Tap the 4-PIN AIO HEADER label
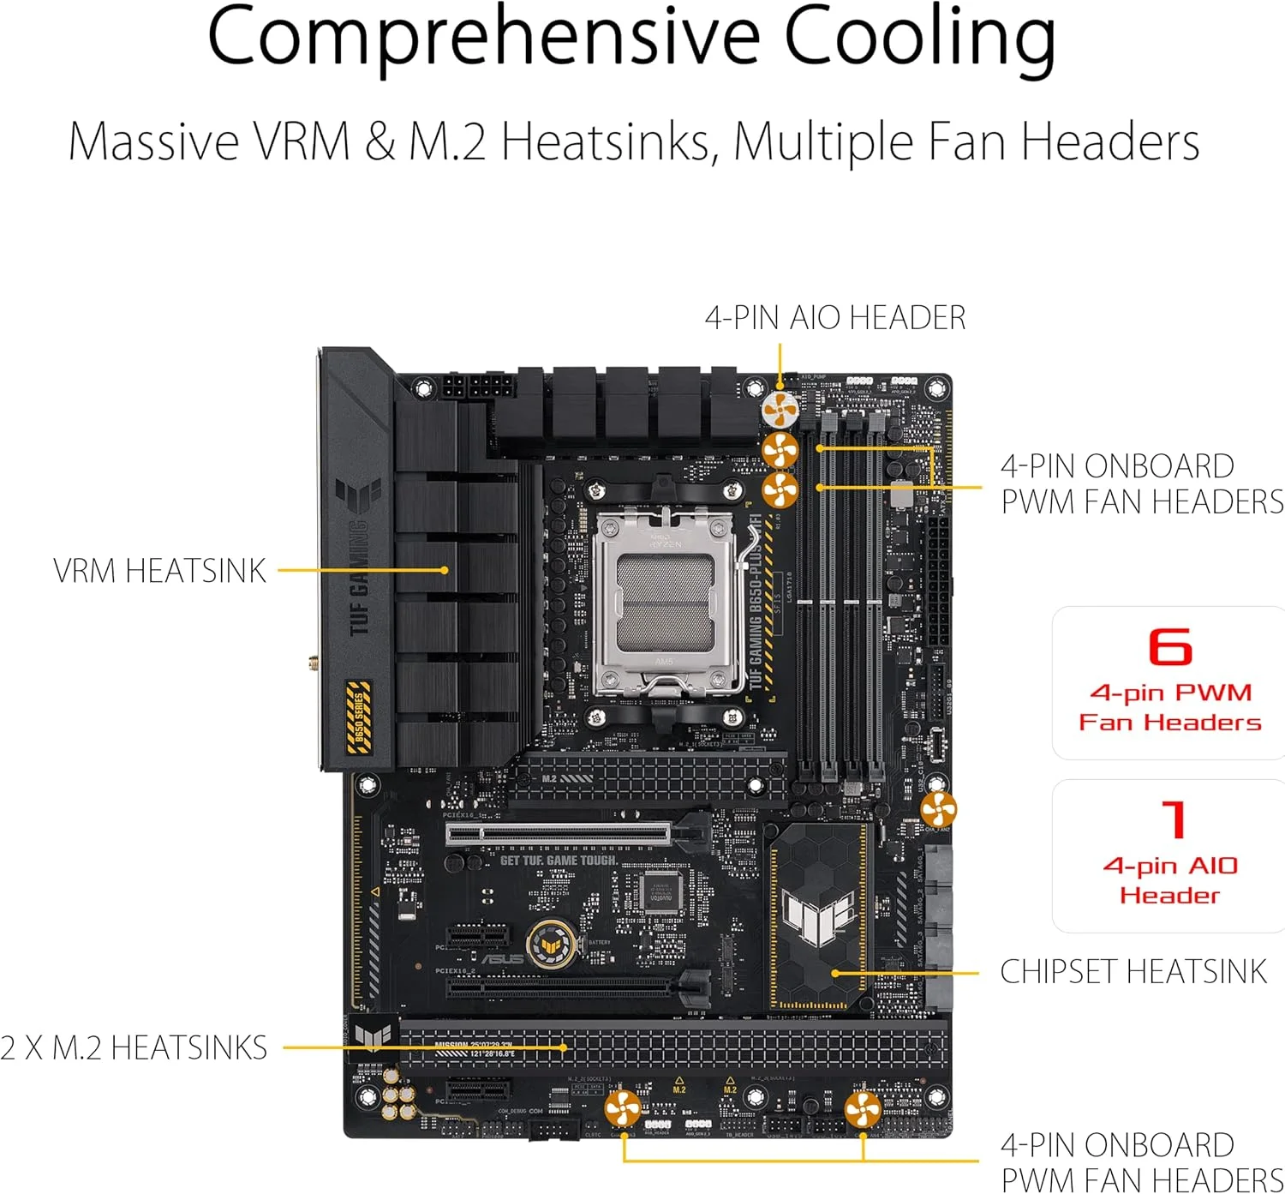[834, 318]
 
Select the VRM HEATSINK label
[159, 571]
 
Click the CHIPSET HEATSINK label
[1133, 972]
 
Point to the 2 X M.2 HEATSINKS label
[134, 1048]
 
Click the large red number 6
[1169, 647]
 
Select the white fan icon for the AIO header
[780, 410]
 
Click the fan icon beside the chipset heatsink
[938, 809]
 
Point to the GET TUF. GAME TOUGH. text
[559, 860]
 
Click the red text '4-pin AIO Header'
[1169, 880]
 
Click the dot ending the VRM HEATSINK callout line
[445, 570]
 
